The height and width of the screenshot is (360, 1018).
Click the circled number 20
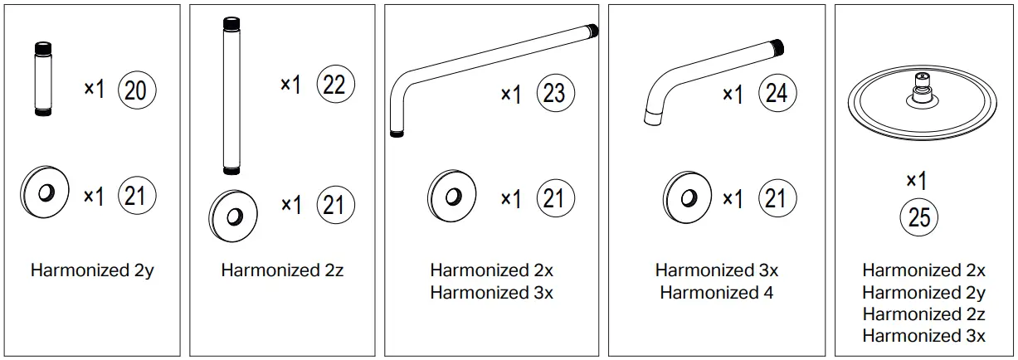point(137,90)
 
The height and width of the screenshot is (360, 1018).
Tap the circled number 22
point(335,84)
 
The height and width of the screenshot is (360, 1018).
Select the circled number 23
point(555,93)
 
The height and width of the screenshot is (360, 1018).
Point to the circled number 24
point(777,93)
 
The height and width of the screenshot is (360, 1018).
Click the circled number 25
point(919,216)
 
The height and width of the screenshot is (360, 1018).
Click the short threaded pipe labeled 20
point(43,79)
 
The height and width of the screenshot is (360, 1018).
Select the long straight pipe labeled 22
point(231,96)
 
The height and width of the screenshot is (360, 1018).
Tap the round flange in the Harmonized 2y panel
point(45,192)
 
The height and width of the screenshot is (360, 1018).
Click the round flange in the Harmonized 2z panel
point(233,216)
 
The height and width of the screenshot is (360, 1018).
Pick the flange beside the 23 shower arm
point(451,197)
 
